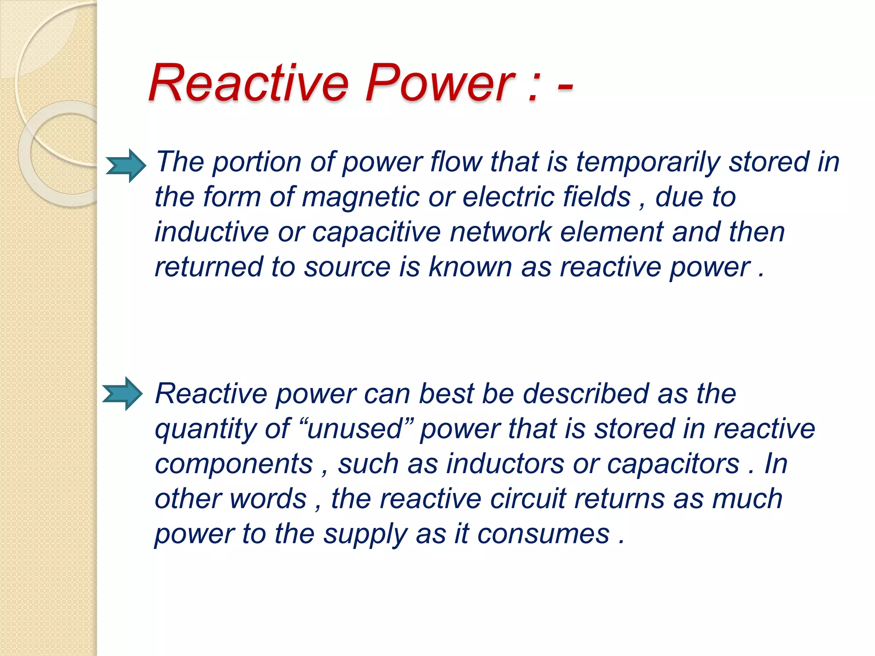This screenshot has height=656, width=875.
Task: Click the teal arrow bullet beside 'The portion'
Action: pos(126,166)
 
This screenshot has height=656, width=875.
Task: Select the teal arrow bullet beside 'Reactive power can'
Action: pos(122,394)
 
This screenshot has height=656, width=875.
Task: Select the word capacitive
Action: pos(376,232)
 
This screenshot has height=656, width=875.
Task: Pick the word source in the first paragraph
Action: pos(347,267)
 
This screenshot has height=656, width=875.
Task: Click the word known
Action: pos(470,267)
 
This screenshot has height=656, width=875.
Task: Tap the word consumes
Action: pos(543,534)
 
